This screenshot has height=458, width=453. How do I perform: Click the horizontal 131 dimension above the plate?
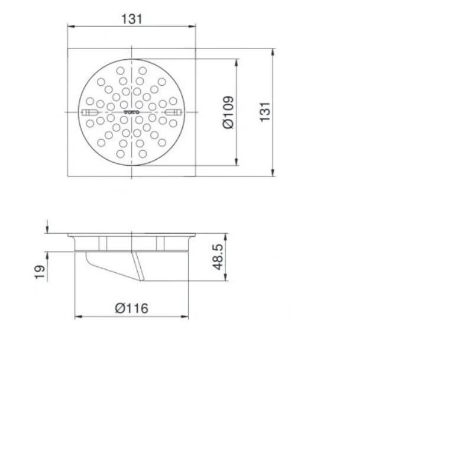(132, 18)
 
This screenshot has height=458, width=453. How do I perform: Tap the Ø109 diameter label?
(228, 112)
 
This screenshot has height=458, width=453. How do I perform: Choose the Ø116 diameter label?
(131, 308)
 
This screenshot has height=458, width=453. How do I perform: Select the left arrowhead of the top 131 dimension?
(69, 27)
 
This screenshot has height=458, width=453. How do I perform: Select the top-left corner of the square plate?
(67, 49)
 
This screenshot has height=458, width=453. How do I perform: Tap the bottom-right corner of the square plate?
(196, 176)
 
